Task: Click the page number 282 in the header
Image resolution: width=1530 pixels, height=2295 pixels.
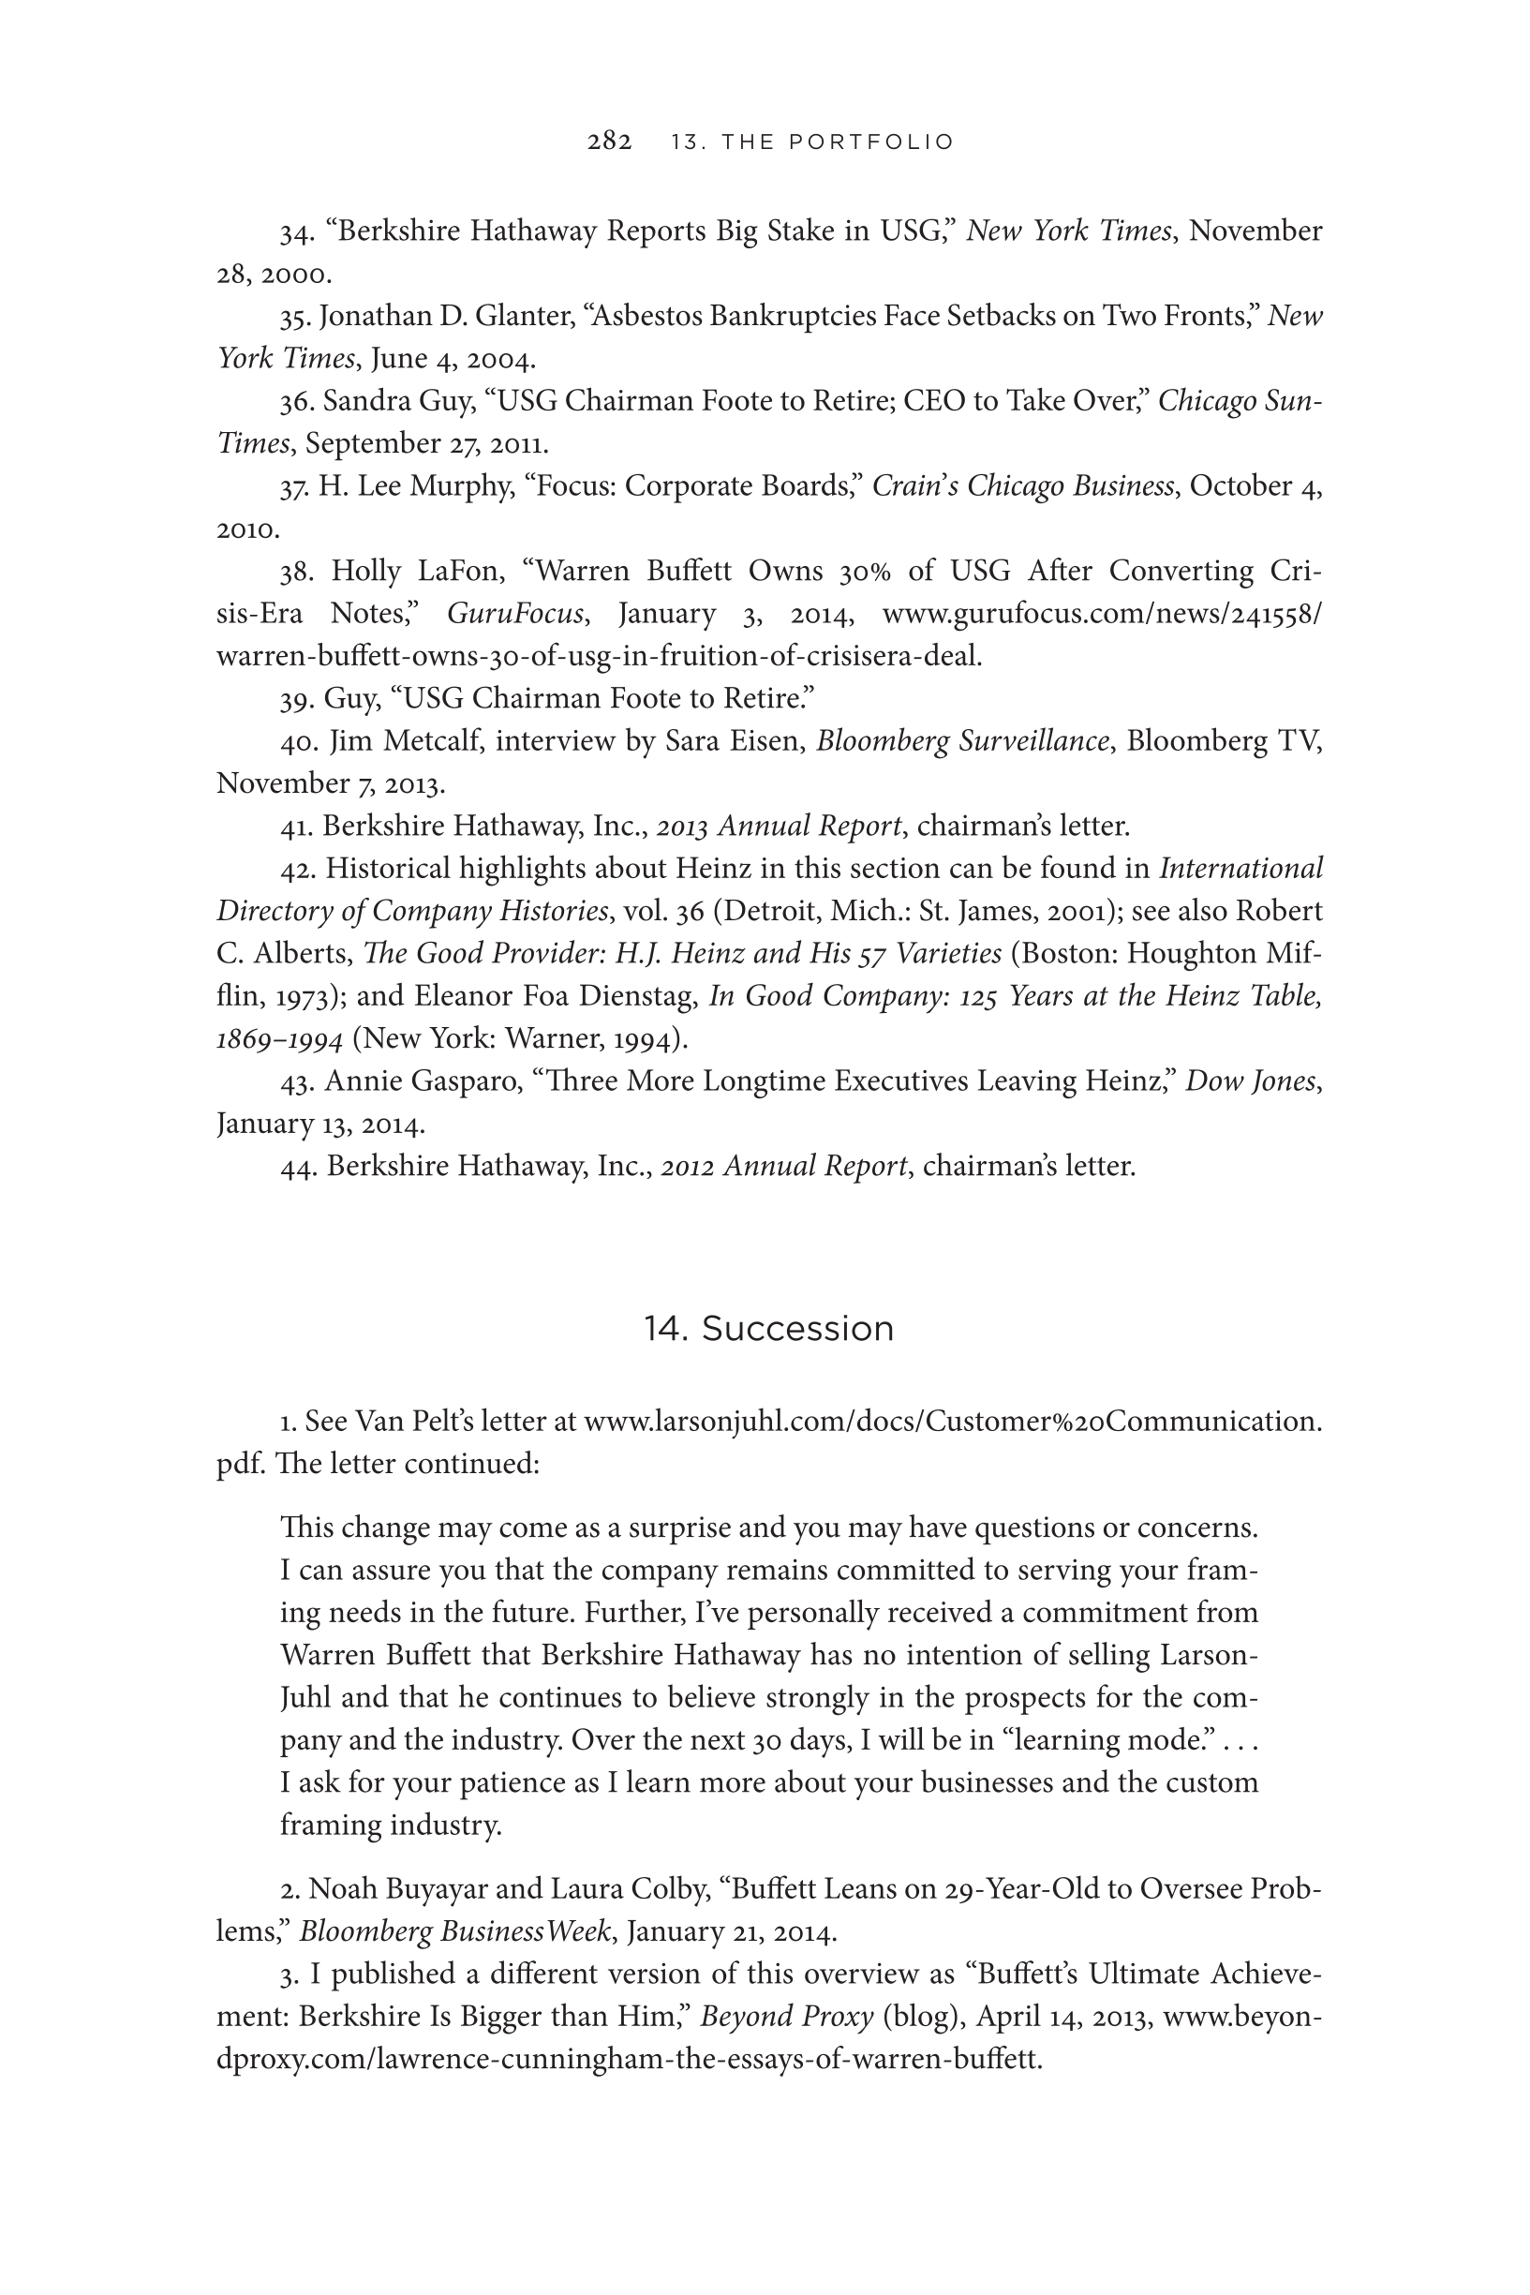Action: [609, 142]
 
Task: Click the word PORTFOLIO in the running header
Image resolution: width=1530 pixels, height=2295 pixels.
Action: [871, 142]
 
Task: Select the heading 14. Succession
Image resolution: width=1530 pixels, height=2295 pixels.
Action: [768, 1329]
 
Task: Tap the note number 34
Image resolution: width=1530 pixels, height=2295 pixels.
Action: [295, 232]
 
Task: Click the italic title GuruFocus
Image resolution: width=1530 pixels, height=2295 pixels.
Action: [515, 614]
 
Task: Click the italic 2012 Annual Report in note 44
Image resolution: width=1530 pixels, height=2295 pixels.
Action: [784, 1166]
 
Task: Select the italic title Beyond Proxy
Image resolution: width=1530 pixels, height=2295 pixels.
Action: [786, 2017]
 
